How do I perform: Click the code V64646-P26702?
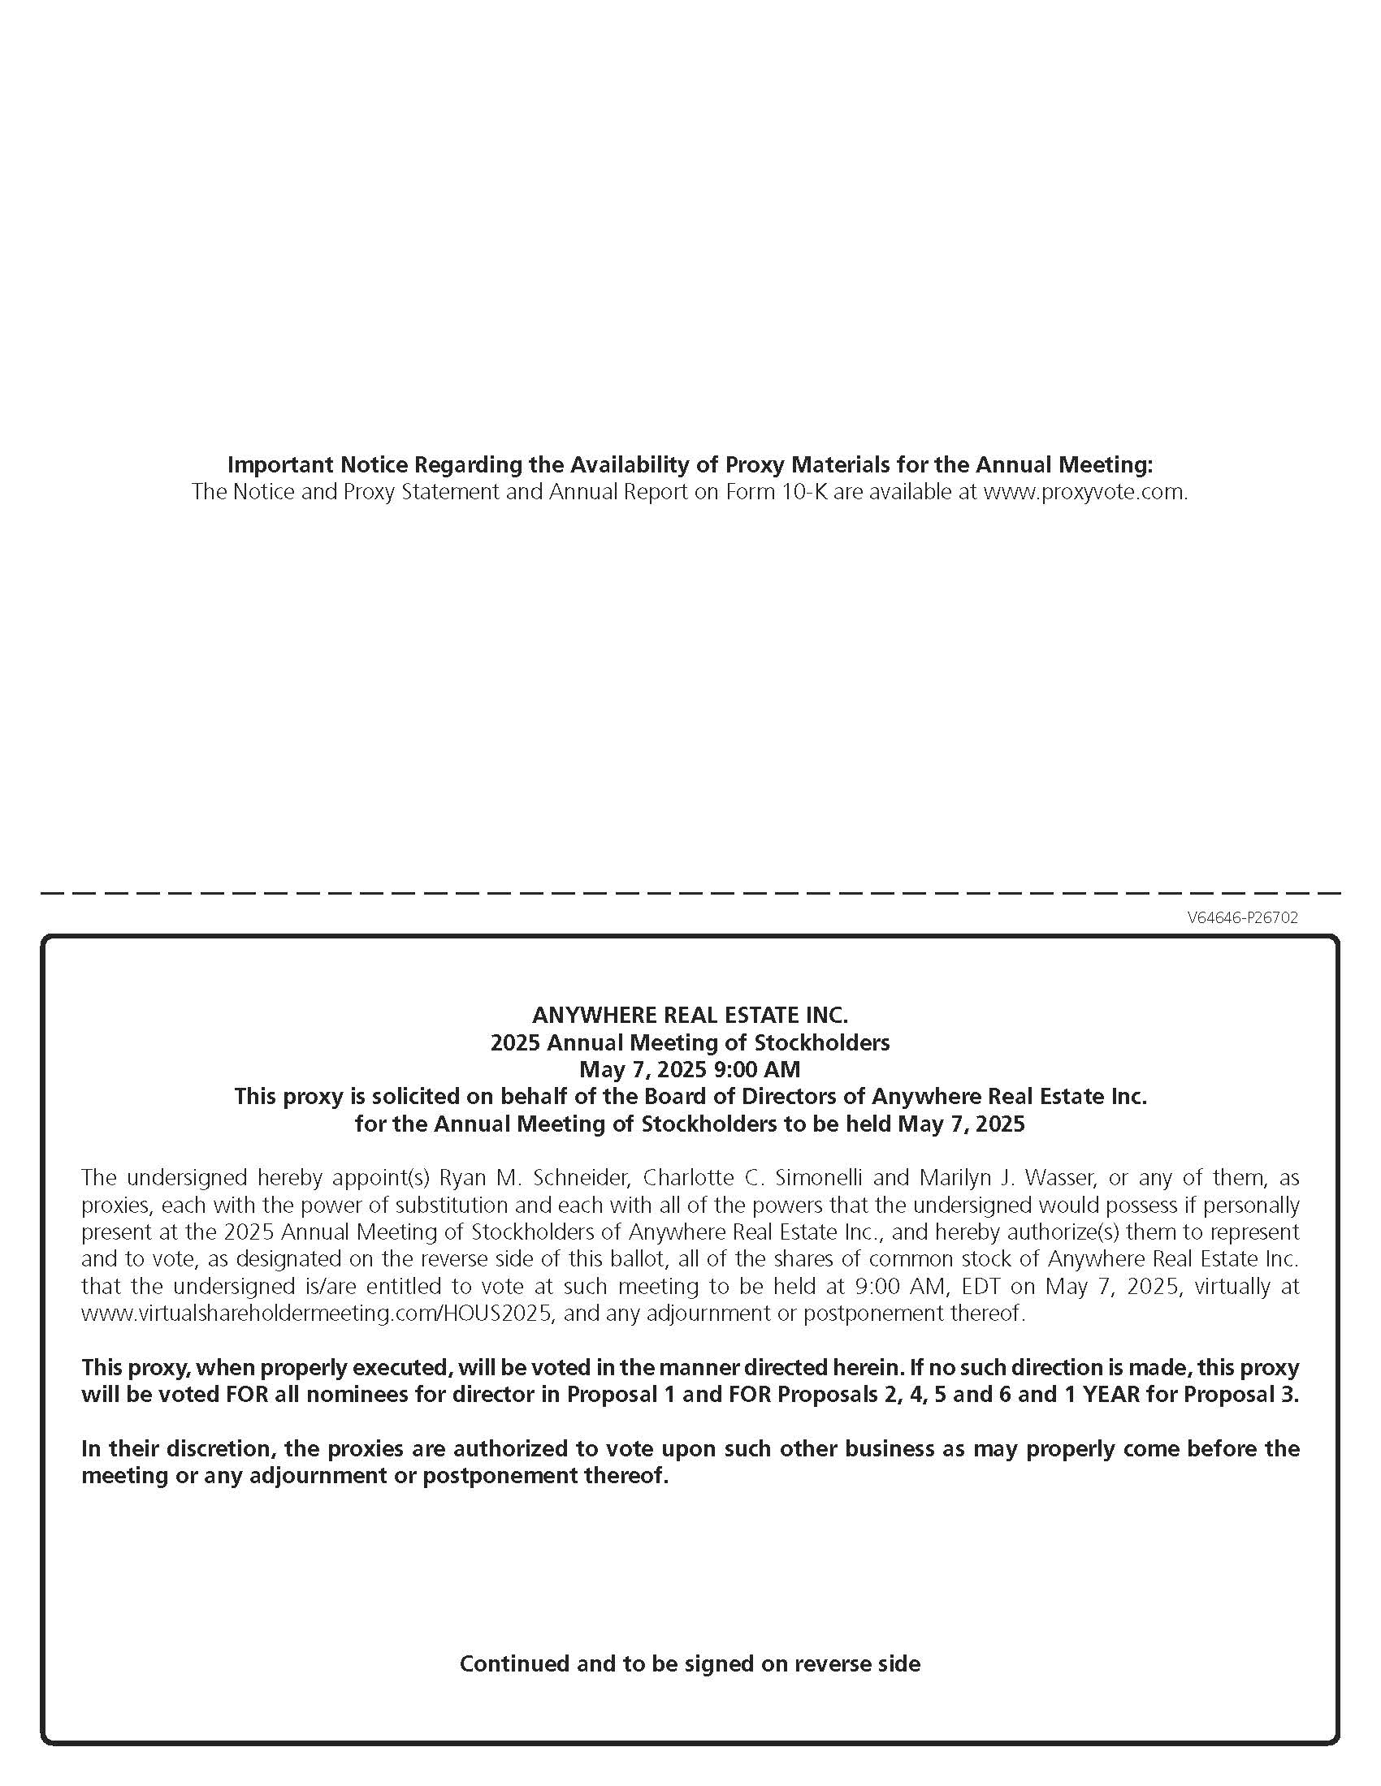click(1242, 917)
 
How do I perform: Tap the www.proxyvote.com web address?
click(1084, 492)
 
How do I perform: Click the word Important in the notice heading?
click(279, 464)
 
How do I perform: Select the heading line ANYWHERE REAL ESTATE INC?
click(690, 1015)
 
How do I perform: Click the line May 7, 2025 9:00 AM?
click(690, 1069)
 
